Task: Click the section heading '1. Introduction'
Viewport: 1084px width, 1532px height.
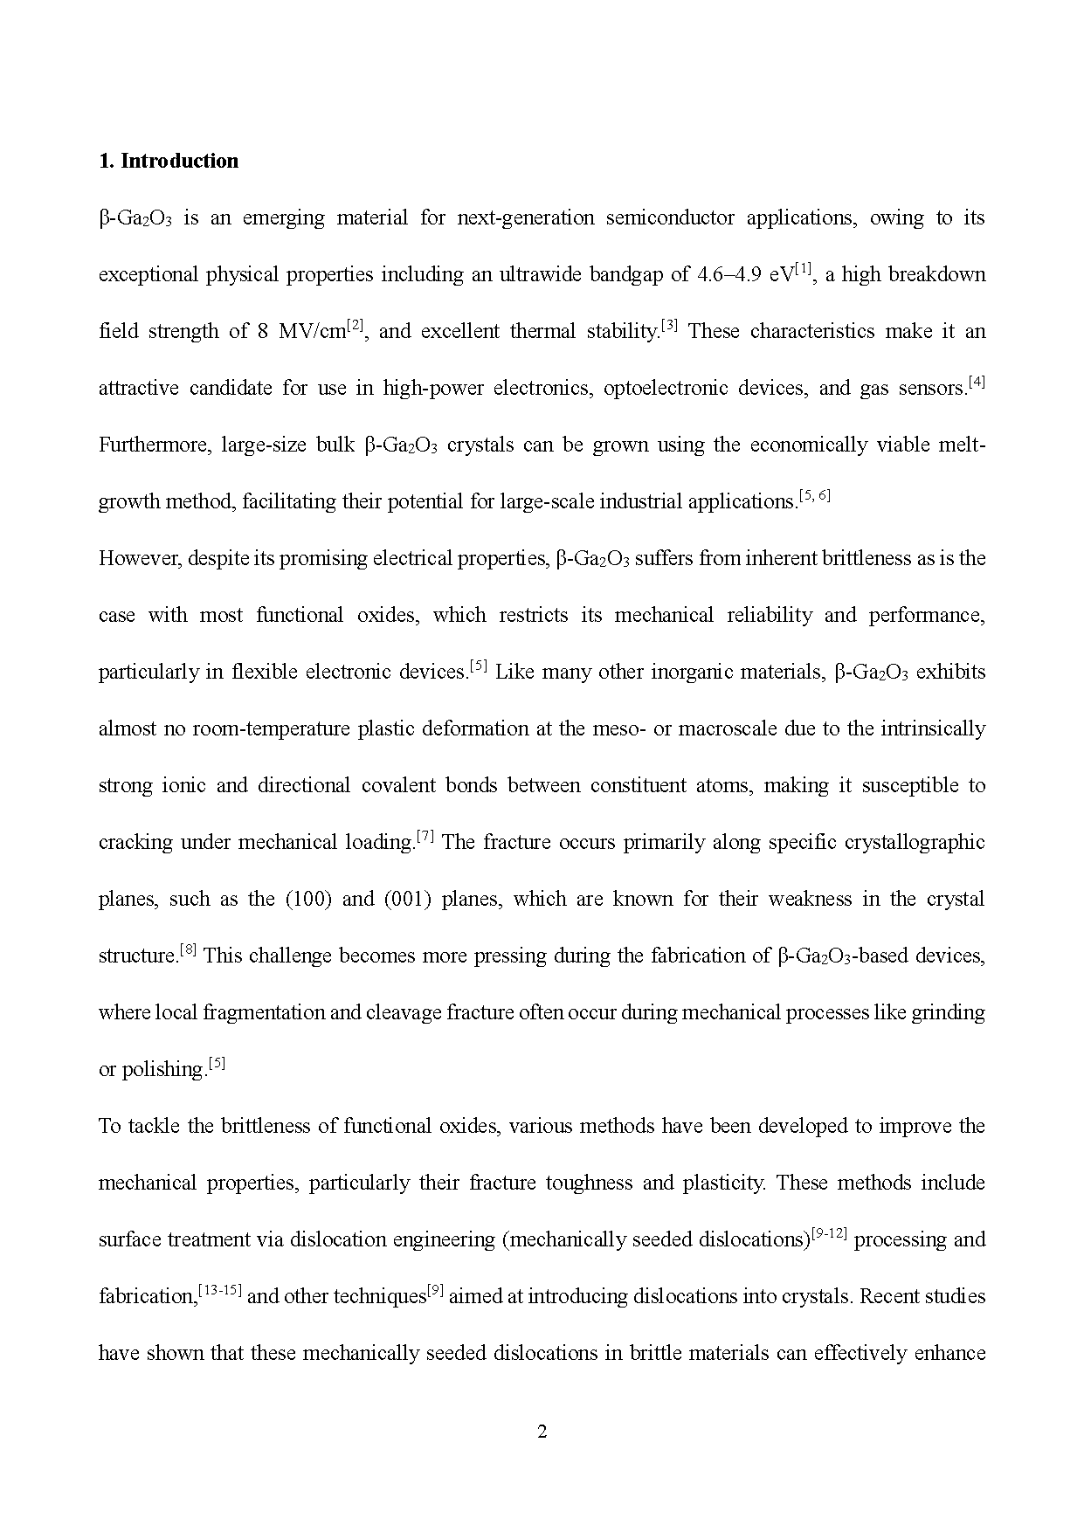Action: (169, 161)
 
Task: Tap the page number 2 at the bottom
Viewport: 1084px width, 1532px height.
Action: (542, 1432)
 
